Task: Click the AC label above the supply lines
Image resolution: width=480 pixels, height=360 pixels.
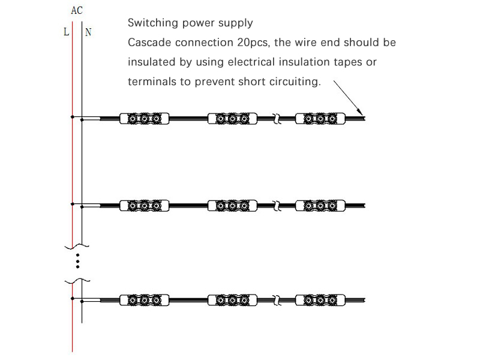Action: (x=77, y=10)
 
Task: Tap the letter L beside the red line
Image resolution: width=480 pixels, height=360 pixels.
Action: (x=66, y=32)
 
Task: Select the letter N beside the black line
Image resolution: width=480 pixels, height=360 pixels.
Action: (x=88, y=32)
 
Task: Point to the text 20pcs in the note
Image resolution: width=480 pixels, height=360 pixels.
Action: (x=253, y=43)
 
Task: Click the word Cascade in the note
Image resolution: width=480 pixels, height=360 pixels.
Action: (x=150, y=42)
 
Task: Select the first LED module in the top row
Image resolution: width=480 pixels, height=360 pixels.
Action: (x=144, y=118)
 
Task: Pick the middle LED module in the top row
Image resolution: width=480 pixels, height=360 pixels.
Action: (x=232, y=118)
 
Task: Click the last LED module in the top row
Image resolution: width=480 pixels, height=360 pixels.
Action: (x=320, y=118)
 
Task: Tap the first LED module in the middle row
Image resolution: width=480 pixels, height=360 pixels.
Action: (x=144, y=206)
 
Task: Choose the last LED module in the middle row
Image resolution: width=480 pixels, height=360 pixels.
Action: (x=320, y=206)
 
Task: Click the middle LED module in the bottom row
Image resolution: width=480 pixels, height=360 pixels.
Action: (x=232, y=301)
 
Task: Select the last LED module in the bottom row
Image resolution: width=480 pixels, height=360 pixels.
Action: (x=320, y=301)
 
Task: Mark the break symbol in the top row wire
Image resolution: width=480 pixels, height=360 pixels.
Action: (x=277, y=118)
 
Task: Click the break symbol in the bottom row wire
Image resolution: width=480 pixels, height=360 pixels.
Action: (x=277, y=301)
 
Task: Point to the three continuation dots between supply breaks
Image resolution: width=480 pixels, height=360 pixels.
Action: (x=78, y=261)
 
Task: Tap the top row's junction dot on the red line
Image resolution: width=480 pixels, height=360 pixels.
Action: (x=72, y=117)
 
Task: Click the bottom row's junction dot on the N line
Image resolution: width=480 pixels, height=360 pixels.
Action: (x=82, y=302)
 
